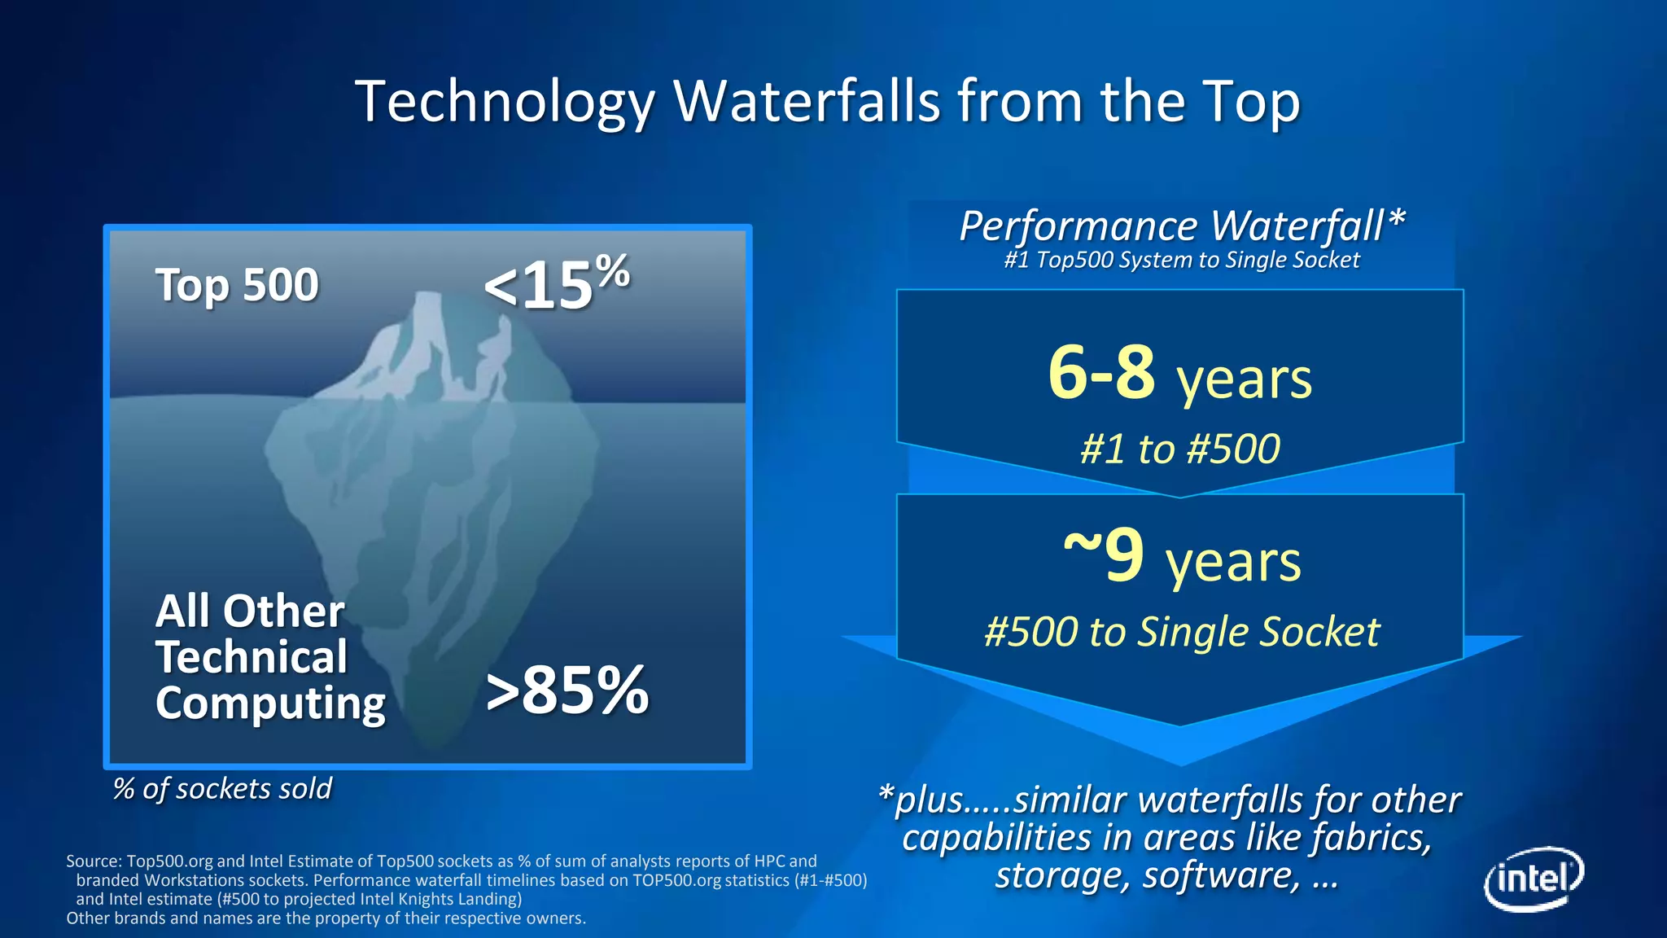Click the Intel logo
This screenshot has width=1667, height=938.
(1534, 879)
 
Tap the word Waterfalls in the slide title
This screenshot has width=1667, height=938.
(807, 102)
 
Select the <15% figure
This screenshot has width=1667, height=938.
(556, 283)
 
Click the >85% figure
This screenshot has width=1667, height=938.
(567, 690)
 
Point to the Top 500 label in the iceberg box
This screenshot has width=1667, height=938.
(237, 285)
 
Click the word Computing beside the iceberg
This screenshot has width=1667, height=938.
(270, 703)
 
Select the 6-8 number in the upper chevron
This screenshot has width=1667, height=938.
(1100, 372)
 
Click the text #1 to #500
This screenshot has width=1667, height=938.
(1179, 449)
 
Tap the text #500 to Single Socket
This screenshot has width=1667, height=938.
(1181, 632)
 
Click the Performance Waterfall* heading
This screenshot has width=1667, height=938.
(1181, 226)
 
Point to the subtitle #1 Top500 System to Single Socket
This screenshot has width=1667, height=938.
(1181, 261)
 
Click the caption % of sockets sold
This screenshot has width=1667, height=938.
(222, 788)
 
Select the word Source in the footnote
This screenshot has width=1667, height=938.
(93, 861)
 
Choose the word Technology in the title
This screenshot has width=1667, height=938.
(505, 102)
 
